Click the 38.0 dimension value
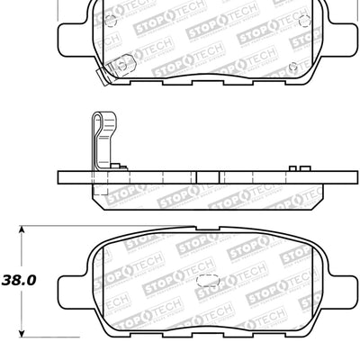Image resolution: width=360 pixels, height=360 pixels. [x=20, y=280]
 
